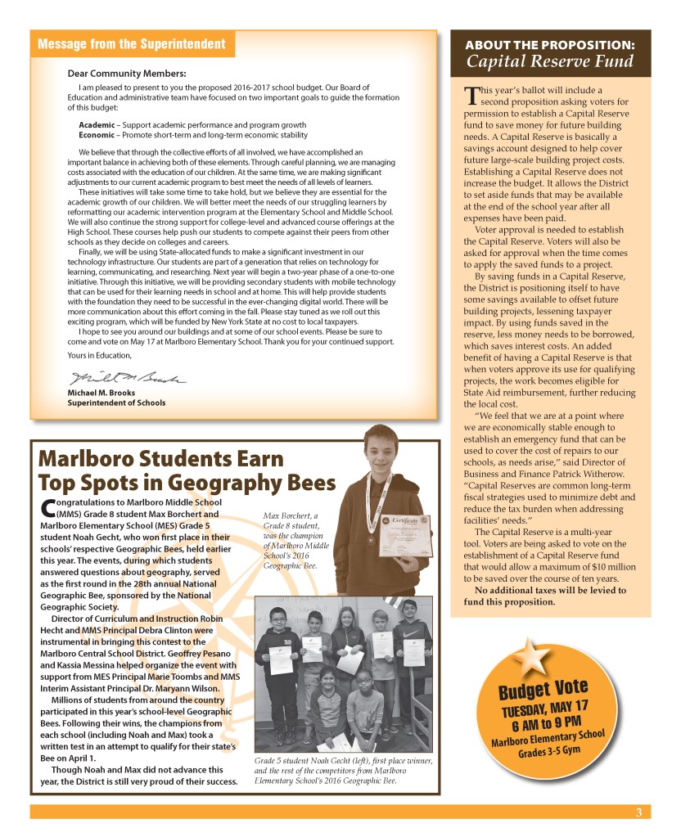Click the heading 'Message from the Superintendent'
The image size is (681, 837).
[131, 43]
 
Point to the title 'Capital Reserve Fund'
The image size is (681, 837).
[550, 62]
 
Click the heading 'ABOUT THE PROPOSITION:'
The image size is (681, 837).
[550, 43]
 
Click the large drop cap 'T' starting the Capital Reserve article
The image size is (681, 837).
[469, 95]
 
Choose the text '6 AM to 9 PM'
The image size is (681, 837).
[546, 724]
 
